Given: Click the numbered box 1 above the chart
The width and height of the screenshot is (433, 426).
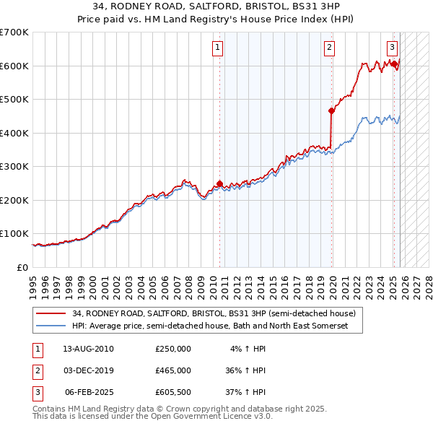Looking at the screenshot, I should click(217, 48).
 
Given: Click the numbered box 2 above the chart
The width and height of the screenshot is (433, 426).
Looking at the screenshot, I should click(329, 48).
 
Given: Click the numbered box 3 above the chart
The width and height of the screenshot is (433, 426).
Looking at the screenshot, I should click(392, 48).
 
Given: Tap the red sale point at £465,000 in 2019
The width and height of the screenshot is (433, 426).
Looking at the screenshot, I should click(331, 110).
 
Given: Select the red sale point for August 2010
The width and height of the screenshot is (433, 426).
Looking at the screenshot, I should click(219, 183).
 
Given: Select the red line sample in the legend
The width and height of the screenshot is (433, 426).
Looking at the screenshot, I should click(51, 314).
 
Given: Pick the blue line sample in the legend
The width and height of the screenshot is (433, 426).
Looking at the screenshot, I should click(51, 326).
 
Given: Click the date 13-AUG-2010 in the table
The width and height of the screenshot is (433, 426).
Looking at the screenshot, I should click(89, 348).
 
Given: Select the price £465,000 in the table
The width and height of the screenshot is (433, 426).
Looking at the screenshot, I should click(173, 370).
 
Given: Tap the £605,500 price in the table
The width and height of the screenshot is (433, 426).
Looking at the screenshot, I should click(173, 393).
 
